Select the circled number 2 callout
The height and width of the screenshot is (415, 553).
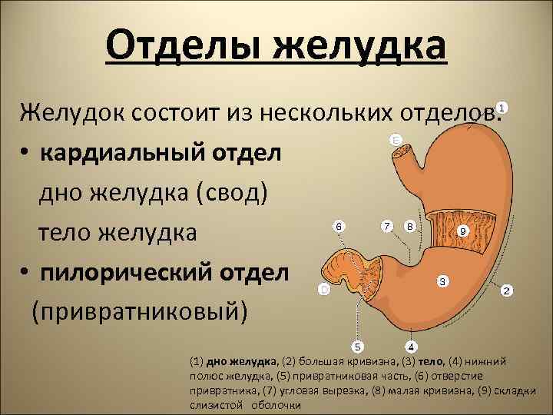[x=507, y=291]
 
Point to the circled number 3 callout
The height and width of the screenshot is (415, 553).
[x=442, y=281]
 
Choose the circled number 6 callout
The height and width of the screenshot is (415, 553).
[x=339, y=227]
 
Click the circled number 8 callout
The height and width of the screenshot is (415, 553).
[x=410, y=227]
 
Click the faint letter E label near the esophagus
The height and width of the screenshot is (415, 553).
[x=396, y=141]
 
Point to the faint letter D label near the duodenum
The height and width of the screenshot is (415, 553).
[x=325, y=290]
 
